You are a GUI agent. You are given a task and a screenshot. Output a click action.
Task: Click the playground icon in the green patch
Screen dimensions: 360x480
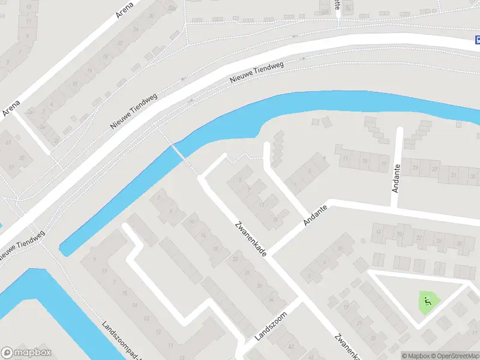[x=427, y=301]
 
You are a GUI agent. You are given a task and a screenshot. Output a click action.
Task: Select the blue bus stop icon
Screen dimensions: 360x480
[x=476, y=40]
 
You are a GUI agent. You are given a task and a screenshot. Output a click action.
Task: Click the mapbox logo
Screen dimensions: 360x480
[x=26, y=353]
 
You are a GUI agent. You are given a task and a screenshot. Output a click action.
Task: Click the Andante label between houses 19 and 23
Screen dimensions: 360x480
[x=395, y=179]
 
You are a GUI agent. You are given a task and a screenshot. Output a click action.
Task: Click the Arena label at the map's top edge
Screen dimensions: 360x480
[x=125, y=10]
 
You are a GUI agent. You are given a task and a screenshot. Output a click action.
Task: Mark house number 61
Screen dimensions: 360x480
[x=8, y=142]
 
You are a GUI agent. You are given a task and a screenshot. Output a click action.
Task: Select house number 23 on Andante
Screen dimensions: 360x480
[x=415, y=169]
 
